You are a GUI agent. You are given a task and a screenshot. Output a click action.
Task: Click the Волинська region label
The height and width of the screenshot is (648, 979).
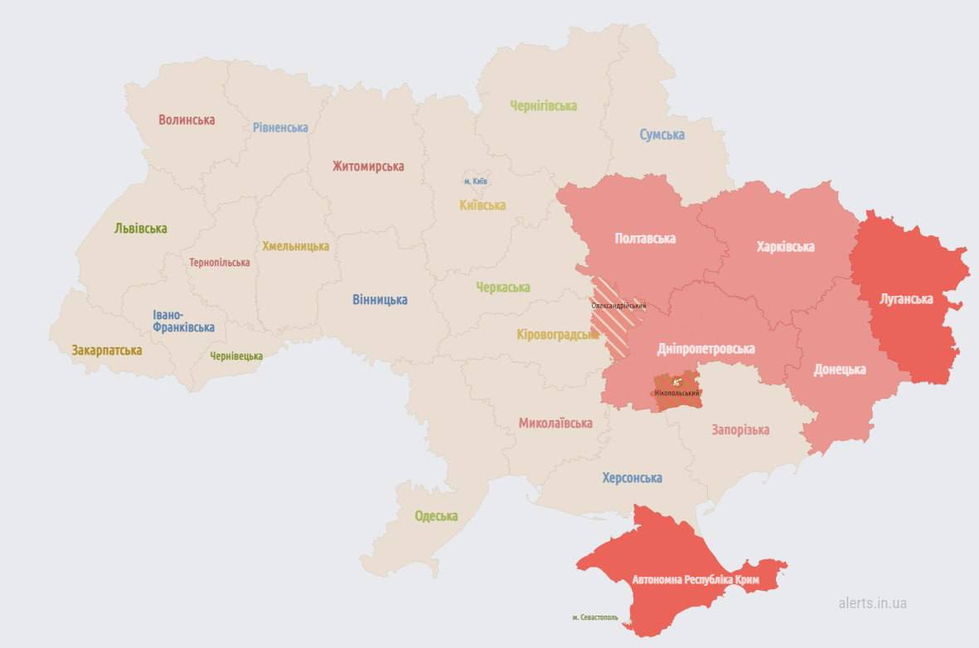tap(187, 120)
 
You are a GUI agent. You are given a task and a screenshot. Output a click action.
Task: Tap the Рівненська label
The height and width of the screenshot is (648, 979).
tap(280, 128)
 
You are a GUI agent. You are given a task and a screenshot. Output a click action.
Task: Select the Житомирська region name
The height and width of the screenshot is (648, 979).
tap(368, 167)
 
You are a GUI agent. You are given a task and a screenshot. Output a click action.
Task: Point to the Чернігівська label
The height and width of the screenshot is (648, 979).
tap(543, 106)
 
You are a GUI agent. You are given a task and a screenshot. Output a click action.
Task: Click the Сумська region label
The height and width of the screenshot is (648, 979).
tap(662, 134)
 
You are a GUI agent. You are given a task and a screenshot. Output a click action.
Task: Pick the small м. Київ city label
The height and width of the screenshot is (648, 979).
tap(475, 181)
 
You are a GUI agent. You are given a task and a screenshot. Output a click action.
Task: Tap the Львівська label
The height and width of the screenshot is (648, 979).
tap(140, 229)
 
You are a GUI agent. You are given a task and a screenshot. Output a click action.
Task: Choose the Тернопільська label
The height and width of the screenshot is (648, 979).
tap(219, 263)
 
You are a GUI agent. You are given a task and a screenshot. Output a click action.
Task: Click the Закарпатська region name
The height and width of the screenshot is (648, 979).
tap(106, 351)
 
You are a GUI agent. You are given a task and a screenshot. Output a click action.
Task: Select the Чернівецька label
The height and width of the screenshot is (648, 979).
tap(235, 356)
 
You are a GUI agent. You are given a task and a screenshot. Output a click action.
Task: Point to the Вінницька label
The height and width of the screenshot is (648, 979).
tap(380, 300)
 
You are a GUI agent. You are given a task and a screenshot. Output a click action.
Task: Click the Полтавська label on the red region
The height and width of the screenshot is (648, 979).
tap(645, 239)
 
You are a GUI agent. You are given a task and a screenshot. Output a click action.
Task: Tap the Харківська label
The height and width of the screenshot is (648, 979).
tap(785, 247)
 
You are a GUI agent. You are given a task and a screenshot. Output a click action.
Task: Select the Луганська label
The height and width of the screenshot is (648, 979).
tap(906, 299)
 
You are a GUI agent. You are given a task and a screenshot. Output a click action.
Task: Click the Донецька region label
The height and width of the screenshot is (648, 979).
tap(839, 370)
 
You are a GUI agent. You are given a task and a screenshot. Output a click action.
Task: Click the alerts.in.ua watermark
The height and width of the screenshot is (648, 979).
tap(872, 603)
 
